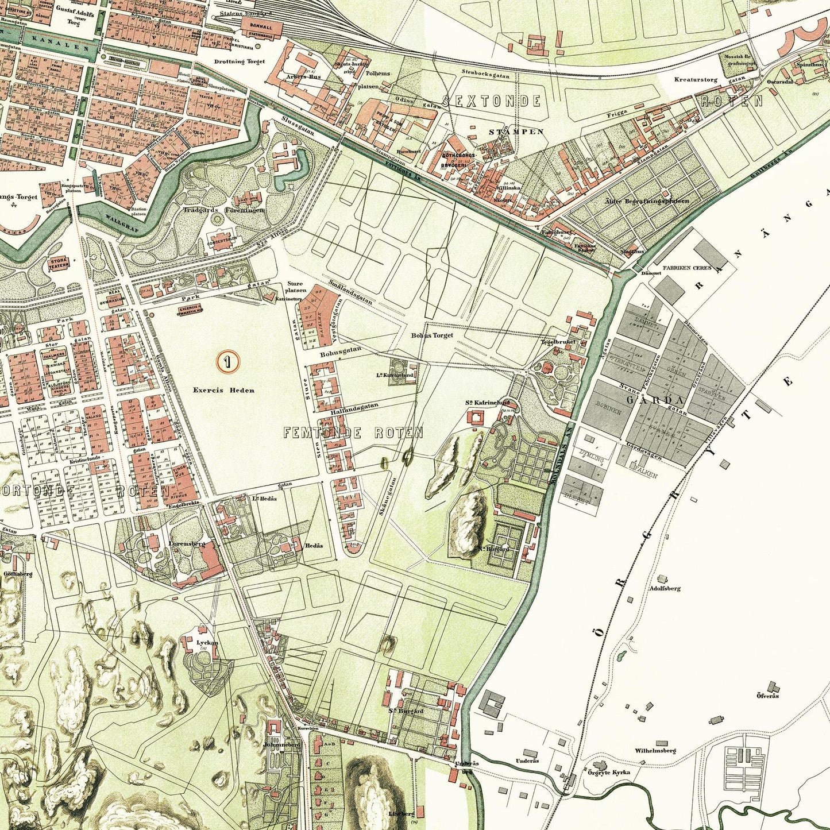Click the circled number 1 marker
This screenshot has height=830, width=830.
[228, 361]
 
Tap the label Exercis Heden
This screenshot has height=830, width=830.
[223, 390]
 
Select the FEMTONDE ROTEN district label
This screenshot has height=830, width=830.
[353, 433]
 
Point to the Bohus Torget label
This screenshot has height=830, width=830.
[431, 335]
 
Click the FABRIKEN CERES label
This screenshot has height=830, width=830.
[687, 268]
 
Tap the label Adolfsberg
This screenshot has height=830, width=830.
[664, 588]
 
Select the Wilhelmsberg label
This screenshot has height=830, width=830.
[655, 751]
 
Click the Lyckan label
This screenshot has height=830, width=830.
[207, 643]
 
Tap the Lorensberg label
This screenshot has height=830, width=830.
[183, 542]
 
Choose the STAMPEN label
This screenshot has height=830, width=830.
[516, 132]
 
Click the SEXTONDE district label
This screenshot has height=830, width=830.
[492, 102]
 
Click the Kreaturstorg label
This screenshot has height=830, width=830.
[696, 80]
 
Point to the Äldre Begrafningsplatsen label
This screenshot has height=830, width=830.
[647, 201]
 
